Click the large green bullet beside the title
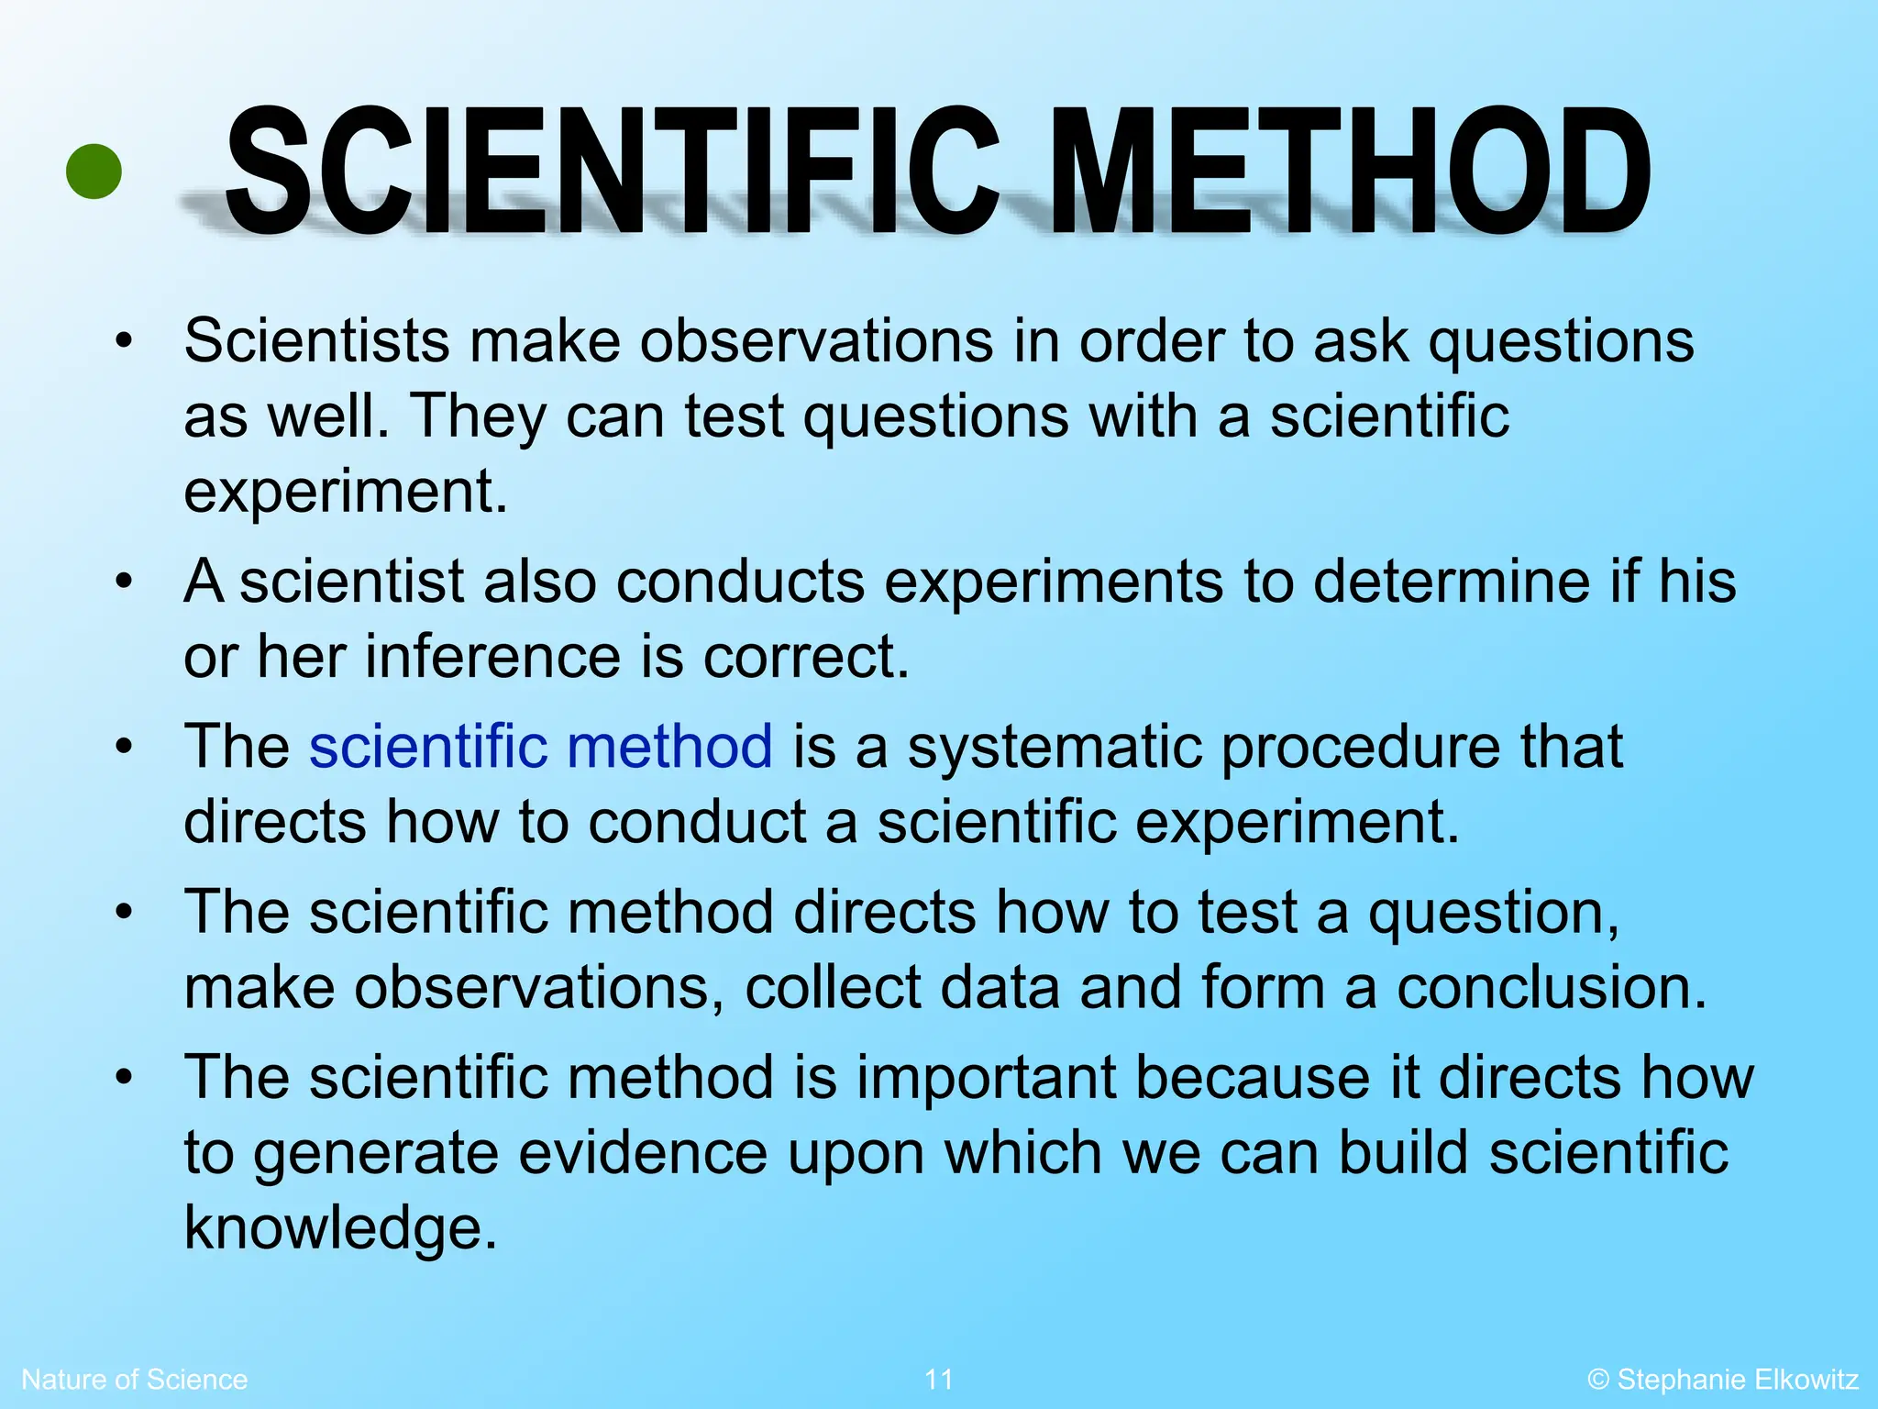pyautogui.click(x=94, y=172)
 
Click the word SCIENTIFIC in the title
pyautogui.click(x=612, y=172)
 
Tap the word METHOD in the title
pyautogui.click(x=1349, y=172)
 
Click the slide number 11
pyautogui.click(x=938, y=1379)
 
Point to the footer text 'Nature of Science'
pyautogui.click(x=134, y=1379)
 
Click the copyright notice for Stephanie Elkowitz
pyautogui.click(x=1723, y=1379)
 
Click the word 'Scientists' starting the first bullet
pyautogui.click(x=316, y=340)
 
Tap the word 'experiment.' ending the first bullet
pyautogui.click(x=346, y=493)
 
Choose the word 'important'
pyautogui.click(x=987, y=1078)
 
